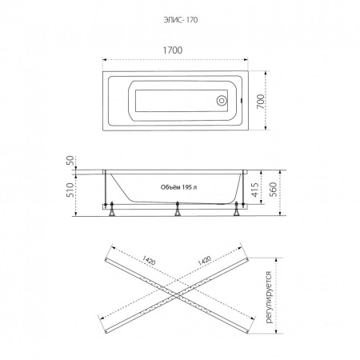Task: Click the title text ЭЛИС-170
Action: [181, 20]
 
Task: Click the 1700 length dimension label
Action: [173, 50]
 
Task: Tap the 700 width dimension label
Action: [261, 101]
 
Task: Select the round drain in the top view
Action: [222, 101]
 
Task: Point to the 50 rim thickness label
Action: [70, 161]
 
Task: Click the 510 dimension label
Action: [70, 190]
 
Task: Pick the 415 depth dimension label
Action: [255, 190]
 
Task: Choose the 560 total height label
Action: [273, 190]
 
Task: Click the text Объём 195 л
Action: [179, 187]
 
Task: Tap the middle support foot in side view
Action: [178, 209]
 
